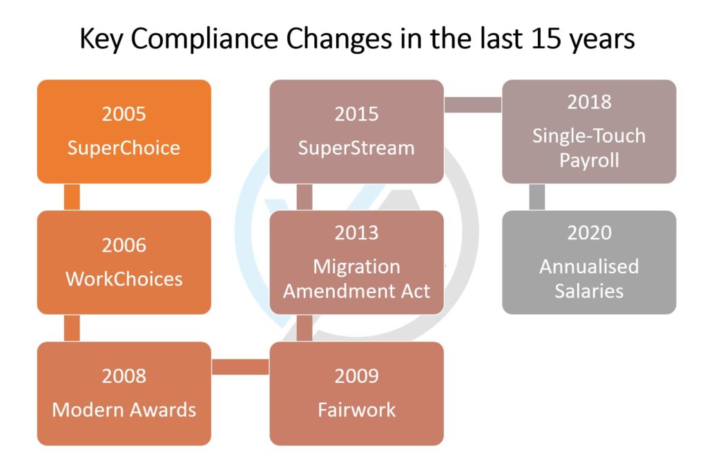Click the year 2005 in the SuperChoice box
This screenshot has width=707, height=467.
pyautogui.click(x=124, y=114)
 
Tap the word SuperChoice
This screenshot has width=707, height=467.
pyautogui.click(x=124, y=148)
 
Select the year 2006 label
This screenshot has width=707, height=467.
pyautogui.click(x=124, y=246)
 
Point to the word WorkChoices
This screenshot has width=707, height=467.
pyautogui.click(x=124, y=279)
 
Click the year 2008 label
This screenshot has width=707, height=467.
pyautogui.click(x=124, y=376)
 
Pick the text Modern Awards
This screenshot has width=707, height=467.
pyautogui.click(x=124, y=410)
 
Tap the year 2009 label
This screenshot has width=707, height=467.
pyautogui.click(x=357, y=376)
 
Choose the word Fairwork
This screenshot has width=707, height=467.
pyautogui.click(x=357, y=410)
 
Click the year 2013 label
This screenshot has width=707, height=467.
pyautogui.click(x=357, y=233)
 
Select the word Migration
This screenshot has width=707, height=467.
pyautogui.click(x=357, y=267)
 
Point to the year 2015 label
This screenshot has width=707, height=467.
pyautogui.click(x=357, y=114)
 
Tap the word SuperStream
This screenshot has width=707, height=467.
pyautogui.click(x=356, y=148)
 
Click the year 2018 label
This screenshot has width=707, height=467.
pyautogui.click(x=590, y=102)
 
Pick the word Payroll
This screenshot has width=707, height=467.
pyautogui.click(x=590, y=161)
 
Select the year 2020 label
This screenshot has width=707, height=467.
pyautogui.click(x=590, y=233)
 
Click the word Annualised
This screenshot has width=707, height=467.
pyautogui.click(x=590, y=266)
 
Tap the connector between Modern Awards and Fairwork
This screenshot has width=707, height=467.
pyautogui.click(x=240, y=367)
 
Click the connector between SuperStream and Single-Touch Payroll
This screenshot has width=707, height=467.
pyautogui.click(x=473, y=105)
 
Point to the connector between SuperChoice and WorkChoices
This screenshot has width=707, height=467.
pyautogui.click(x=72, y=197)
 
